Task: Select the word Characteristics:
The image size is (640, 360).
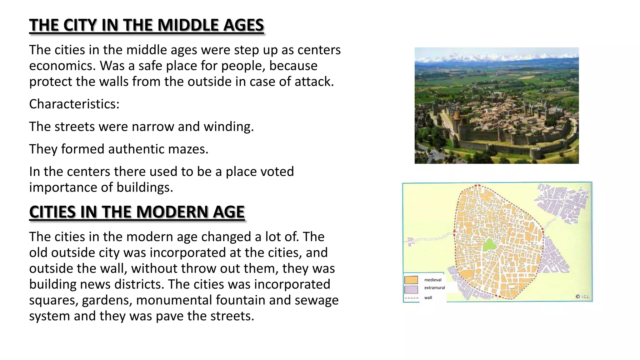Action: click(74, 104)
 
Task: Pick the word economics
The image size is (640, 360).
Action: click(62, 66)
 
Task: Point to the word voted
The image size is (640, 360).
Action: click(277, 172)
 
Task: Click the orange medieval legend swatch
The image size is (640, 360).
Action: click(411, 280)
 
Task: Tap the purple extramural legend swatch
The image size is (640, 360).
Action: click(411, 289)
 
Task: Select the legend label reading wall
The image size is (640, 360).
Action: click(428, 298)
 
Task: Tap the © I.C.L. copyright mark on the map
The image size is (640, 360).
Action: click(582, 297)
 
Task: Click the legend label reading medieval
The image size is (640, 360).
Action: click(432, 280)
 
